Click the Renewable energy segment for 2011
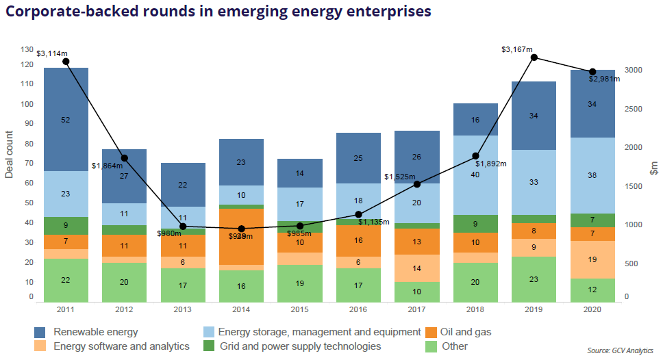pyautogui.click(x=66, y=120)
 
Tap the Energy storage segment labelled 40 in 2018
pyautogui.click(x=475, y=175)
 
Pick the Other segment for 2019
pyautogui.click(x=534, y=279)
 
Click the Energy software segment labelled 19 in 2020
pyautogui.click(x=592, y=259)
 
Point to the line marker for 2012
pyautogui.click(x=124, y=158)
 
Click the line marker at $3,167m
pyautogui.click(x=534, y=57)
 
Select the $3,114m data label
pyautogui.click(x=52, y=53)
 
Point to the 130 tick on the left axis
pyautogui.click(x=27, y=49)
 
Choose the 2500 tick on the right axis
pyautogui.click(x=634, y=110)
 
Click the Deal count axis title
pyautogui.click(x=10, y=154)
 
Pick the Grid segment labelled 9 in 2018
pyautogui.click(x=475, y=224)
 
